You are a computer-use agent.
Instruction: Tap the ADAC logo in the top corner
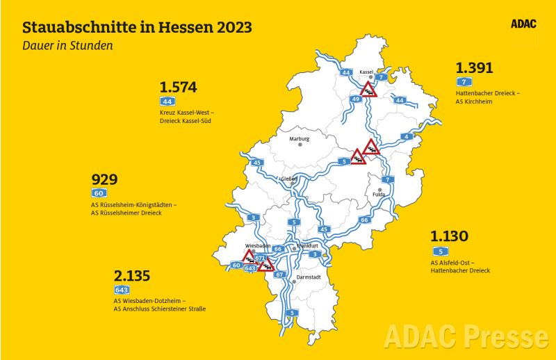(x=524, y=24)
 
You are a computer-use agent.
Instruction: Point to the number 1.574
(x=179, y=88)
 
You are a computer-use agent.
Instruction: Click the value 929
(x=104, y=179)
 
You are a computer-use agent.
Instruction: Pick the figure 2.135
(x=131, y=276)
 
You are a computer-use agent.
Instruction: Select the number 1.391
(x=474, y=68)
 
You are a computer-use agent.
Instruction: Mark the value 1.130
(x=449, y=236)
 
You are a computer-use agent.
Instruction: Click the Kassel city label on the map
(x=367, y=72)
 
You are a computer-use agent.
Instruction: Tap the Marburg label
(x=300, y=138)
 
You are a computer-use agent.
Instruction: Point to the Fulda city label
(x=379, y=195)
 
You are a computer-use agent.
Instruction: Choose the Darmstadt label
(x=309, y=277)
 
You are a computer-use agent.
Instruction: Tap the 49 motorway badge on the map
(x=355, y=99)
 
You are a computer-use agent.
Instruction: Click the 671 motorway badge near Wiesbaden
(x=260, y=258)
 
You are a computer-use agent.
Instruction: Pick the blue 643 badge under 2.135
(x=122, y=289)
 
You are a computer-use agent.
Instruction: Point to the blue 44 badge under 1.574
(x=167, y=101)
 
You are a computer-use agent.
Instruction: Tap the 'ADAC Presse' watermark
(x=466, y=336)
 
